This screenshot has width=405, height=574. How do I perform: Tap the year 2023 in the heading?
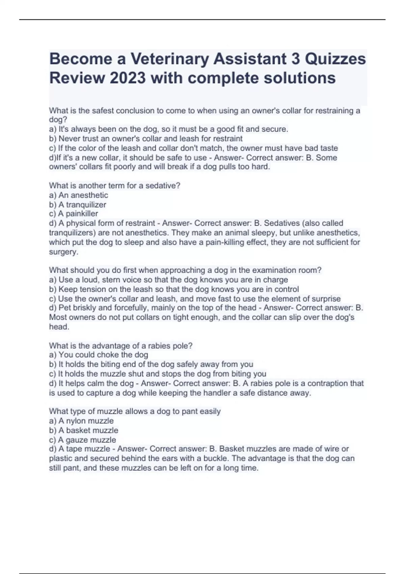128,78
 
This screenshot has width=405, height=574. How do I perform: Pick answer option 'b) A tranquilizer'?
78,205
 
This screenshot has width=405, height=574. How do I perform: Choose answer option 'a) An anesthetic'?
79,195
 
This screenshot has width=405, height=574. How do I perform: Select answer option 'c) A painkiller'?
74,214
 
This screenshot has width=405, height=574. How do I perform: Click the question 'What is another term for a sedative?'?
115,186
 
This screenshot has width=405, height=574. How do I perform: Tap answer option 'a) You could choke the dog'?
99,355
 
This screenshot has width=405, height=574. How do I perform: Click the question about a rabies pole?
121,346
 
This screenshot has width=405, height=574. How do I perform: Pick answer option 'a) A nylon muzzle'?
81,421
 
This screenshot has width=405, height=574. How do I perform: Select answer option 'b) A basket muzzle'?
84,430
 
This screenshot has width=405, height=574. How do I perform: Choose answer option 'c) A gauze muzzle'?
83,440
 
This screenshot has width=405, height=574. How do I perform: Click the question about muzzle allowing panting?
135,412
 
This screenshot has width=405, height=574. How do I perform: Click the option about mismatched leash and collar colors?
193,148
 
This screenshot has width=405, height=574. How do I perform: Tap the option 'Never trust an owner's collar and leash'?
146,139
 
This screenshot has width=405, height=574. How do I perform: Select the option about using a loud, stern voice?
168,280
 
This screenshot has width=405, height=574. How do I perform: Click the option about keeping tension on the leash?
174,289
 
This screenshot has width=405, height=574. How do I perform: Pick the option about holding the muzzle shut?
158,374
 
